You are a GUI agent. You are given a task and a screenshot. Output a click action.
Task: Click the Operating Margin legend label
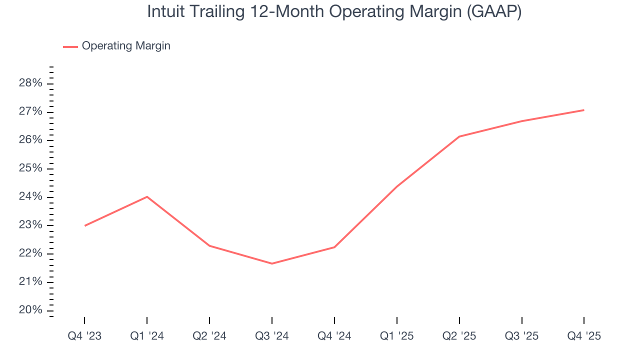click(126, 46)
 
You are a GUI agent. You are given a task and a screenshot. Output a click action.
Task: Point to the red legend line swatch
click(70, 46)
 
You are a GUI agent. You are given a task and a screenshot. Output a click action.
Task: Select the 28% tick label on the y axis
click(30, 83)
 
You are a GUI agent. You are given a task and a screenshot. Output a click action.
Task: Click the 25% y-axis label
click(30, 168)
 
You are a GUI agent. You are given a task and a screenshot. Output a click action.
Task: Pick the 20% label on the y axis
click(30, 310)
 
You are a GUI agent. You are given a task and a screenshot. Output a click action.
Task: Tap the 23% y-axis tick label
click(30, 225)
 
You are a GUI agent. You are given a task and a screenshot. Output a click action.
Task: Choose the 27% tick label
click(30, 111)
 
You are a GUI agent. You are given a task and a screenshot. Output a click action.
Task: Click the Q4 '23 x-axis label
click(84, 336)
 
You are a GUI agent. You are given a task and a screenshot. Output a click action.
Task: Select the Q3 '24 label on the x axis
click(272, 336)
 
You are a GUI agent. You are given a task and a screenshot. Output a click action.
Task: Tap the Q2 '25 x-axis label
click(459, 336)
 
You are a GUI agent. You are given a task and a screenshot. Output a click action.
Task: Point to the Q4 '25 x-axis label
click(584, 336)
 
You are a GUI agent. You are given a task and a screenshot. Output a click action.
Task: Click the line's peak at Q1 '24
click(147, 196)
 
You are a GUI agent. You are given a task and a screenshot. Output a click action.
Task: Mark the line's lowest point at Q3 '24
click(272, 263)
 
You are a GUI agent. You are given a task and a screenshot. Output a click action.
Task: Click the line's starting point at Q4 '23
click(84, 225)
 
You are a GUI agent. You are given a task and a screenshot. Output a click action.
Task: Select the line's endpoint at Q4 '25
click(584, 110)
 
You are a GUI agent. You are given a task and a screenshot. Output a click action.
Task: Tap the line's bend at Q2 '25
click(459, 136)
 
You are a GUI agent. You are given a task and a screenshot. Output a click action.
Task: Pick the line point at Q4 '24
click(334, 247)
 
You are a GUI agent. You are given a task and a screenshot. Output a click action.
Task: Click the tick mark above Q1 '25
click(397, 320)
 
